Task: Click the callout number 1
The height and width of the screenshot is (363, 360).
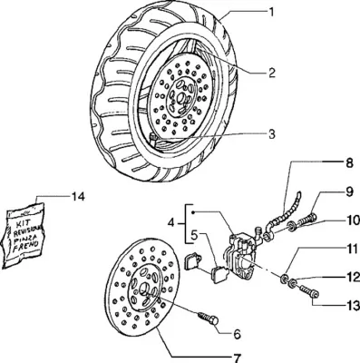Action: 271,12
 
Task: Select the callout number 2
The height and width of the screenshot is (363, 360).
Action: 272,73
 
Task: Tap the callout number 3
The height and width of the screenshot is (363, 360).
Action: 272,134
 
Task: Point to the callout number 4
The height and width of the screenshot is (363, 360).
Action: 171,223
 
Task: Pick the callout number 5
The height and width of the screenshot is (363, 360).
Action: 194,234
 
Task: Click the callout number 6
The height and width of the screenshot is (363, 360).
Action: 237,334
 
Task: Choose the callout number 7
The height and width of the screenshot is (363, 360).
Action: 237,358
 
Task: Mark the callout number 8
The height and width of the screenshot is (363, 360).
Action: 349,163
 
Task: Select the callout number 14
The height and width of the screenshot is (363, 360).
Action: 78,197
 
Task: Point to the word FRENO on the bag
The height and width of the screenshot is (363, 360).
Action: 25,245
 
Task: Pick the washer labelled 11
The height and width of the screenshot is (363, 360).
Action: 284,279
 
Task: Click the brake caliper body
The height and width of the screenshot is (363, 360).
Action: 240,254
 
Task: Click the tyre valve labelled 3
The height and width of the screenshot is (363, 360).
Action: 152,139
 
